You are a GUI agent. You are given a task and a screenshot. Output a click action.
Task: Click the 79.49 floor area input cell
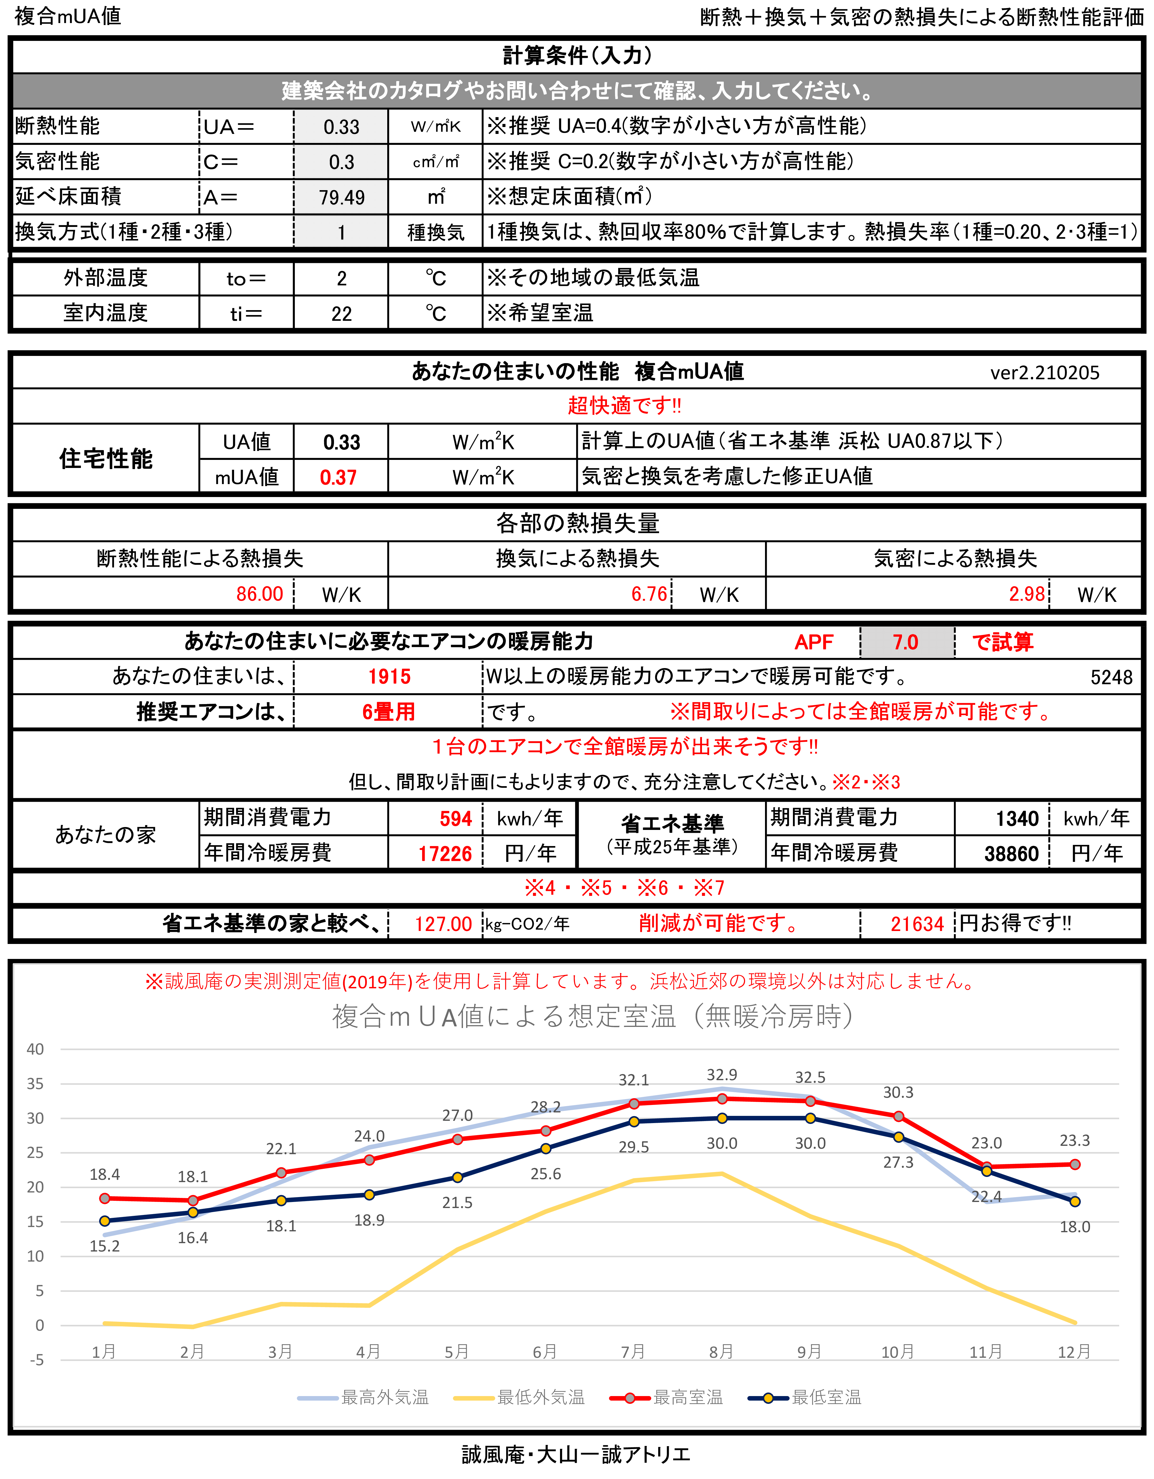point(341,197)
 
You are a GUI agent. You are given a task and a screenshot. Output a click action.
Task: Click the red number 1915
point(389,676)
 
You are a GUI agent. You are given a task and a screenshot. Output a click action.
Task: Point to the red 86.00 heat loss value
point(259,594)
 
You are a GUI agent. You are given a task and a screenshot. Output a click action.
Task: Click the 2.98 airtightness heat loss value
point(1027,594)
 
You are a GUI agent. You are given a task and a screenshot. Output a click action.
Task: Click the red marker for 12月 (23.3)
point(1075,1164)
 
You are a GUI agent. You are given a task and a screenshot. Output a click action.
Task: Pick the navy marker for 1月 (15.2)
point(105,1221)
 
